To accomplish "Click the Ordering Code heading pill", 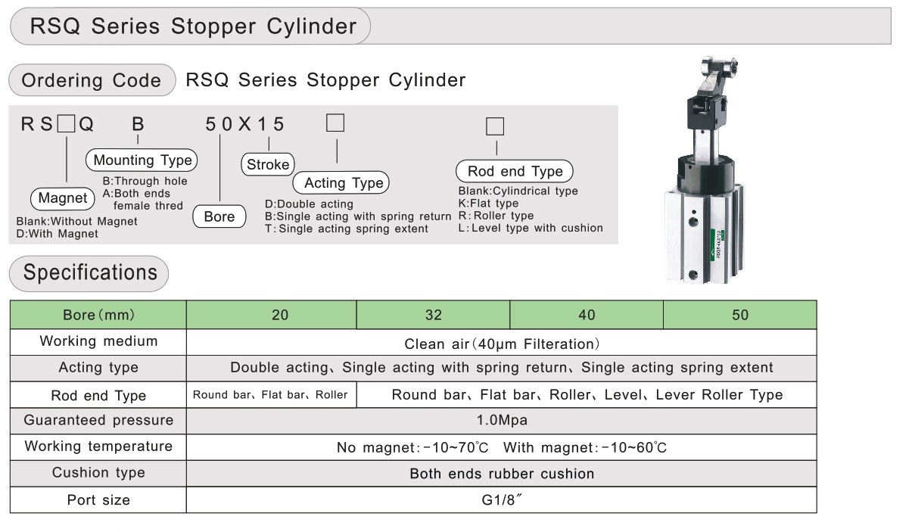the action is pyautogui.click(x=92, y=80).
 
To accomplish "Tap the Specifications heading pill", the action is pyautogui.click(x=89, y=273).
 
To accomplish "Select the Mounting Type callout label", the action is pyautogui.click(x=142, y=160).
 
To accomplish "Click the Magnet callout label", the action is pyautogui.click(x=63, y=198).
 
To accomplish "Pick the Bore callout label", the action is pyautogui.click(x=219, y=216).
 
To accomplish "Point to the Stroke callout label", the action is pyautogui.click(x=268, y=164).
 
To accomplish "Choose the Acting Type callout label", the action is pyautogui.click(x=341, y=182).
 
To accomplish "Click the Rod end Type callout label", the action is pyautogui.click(x=515, y=171).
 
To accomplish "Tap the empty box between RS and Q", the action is pyautogui.click(x=66, y=123).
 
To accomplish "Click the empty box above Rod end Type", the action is pyautogui.click(x=495, y=126).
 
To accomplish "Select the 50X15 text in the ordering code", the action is pyautogui.click(x=244, y=124).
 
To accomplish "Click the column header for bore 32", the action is pyautogui.click(x=434, y=315).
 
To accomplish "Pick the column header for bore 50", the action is pyautogui.click(x=740, y=315).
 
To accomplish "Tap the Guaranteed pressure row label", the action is pyautogui.click(x=98, y=420).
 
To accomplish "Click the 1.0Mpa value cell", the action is pyautogui.click(x=502, y=421).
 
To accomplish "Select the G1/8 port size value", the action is pyautogui.click(x=502, y=499).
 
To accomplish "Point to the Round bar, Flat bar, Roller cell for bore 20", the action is pyautogui.click(x=271, y=395).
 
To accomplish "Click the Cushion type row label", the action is pyautogui.click(x=98, y=473).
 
